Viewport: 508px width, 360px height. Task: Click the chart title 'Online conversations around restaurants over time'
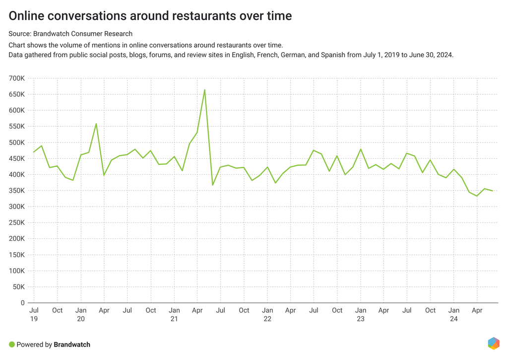(150, 16)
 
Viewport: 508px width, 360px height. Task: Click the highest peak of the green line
(204, 90)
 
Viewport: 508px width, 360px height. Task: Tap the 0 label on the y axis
(22, 303)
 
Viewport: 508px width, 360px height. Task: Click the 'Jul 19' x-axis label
(34, 314)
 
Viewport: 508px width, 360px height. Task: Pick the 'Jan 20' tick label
(80, 314)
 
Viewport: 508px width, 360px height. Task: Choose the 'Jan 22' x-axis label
(267, 314)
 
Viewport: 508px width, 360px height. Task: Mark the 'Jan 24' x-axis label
(453, 314)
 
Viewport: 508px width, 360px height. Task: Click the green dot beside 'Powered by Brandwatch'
(12, 344)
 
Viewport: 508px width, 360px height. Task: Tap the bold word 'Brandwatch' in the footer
(72, 344)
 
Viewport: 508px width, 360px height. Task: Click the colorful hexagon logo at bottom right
(493, 343)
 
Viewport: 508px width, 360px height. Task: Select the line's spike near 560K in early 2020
(96, 124)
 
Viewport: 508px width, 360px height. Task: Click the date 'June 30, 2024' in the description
(431, 55)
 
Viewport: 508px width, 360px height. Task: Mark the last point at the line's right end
(492, 191)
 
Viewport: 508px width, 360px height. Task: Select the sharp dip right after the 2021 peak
(212, 185)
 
